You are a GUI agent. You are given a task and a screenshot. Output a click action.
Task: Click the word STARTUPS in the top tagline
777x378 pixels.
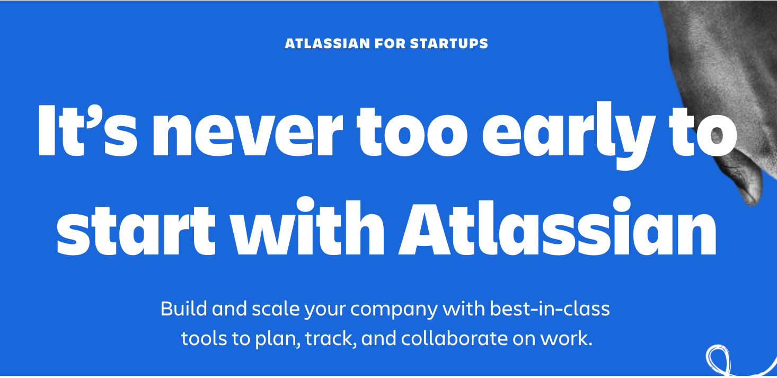pos(449,43)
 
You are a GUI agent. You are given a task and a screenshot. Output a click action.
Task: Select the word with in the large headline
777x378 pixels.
pos(308,226)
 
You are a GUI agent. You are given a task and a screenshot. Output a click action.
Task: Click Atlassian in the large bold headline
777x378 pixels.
pos(558,226)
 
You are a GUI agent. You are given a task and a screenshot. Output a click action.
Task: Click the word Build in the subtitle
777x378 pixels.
pos(183,309)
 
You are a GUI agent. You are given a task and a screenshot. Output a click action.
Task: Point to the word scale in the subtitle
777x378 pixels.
pos(276,309)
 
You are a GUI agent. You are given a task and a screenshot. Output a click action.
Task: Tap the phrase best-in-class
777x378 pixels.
pos(550,309)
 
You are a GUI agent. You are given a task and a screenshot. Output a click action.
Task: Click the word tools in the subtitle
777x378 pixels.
pos(204,338)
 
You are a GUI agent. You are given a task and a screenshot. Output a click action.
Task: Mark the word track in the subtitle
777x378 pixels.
pos(331,338)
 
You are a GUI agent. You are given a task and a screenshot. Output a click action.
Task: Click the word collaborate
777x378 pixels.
pos(454,338)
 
